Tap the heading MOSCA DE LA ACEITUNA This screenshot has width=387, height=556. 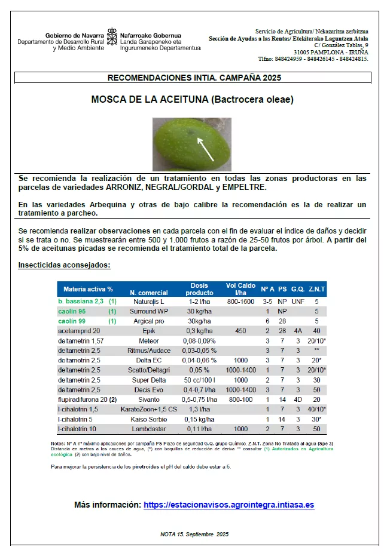tap(193, 100)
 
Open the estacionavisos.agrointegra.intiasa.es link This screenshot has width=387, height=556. tap(229, 505)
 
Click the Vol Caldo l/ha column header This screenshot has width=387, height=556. tap(240, 288)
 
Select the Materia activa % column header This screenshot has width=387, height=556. tap(88, 288)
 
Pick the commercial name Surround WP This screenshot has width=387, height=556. tap(149, 312)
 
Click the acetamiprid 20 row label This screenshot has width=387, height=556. tap(79, 330)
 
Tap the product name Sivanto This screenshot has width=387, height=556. tap(149, 399)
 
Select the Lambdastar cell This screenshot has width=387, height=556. tap(149, 429)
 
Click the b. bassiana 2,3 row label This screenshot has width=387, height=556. tap(81, 302)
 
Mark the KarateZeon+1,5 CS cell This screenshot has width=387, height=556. tap(149, 409)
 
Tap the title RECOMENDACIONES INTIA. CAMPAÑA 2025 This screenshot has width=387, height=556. tap(194, 78)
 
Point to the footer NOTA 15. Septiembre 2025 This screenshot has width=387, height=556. tap(194, 534)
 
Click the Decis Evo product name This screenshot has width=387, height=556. tap(149, 389)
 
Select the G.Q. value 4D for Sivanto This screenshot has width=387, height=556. tap(297, 399)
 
